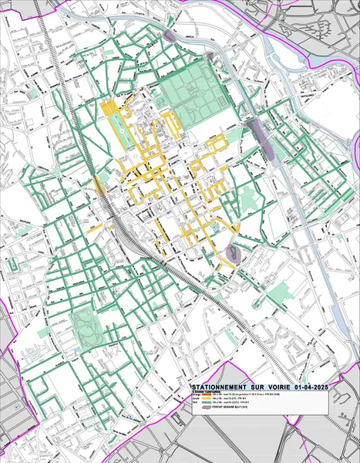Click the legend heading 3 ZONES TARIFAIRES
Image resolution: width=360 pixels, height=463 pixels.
click(204, 392)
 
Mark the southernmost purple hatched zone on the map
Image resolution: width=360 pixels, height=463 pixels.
click(235, 252)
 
